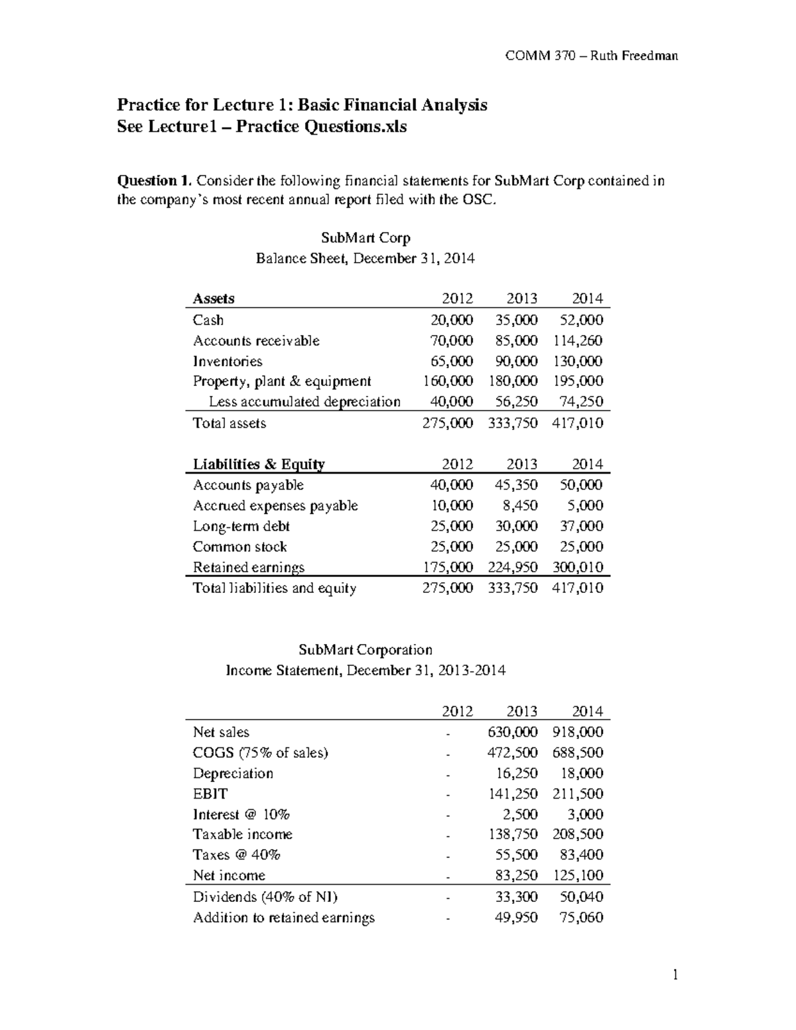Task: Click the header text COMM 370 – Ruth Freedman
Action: [x=591, y=56]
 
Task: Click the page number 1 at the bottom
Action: [x=675, y=975]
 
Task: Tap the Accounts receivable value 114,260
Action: [x=577, y=341]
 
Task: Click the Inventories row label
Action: [x=228, y=361]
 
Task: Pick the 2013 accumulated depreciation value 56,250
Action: [x=516, y=402]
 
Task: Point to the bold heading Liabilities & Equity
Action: [x=259, y=464]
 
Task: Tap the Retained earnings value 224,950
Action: [x=513, y=567]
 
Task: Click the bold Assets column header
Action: [x=214, y=298]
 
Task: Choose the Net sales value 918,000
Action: [x=577, y=732]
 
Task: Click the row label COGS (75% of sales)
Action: [x=260, y=753]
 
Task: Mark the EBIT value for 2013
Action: [x=513, y=794]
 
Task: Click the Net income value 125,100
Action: [x=577, y=875]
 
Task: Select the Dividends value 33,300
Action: [x=516, y=897]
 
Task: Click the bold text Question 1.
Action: [x=155, y=181]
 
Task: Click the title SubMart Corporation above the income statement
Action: [x=365, y=650]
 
